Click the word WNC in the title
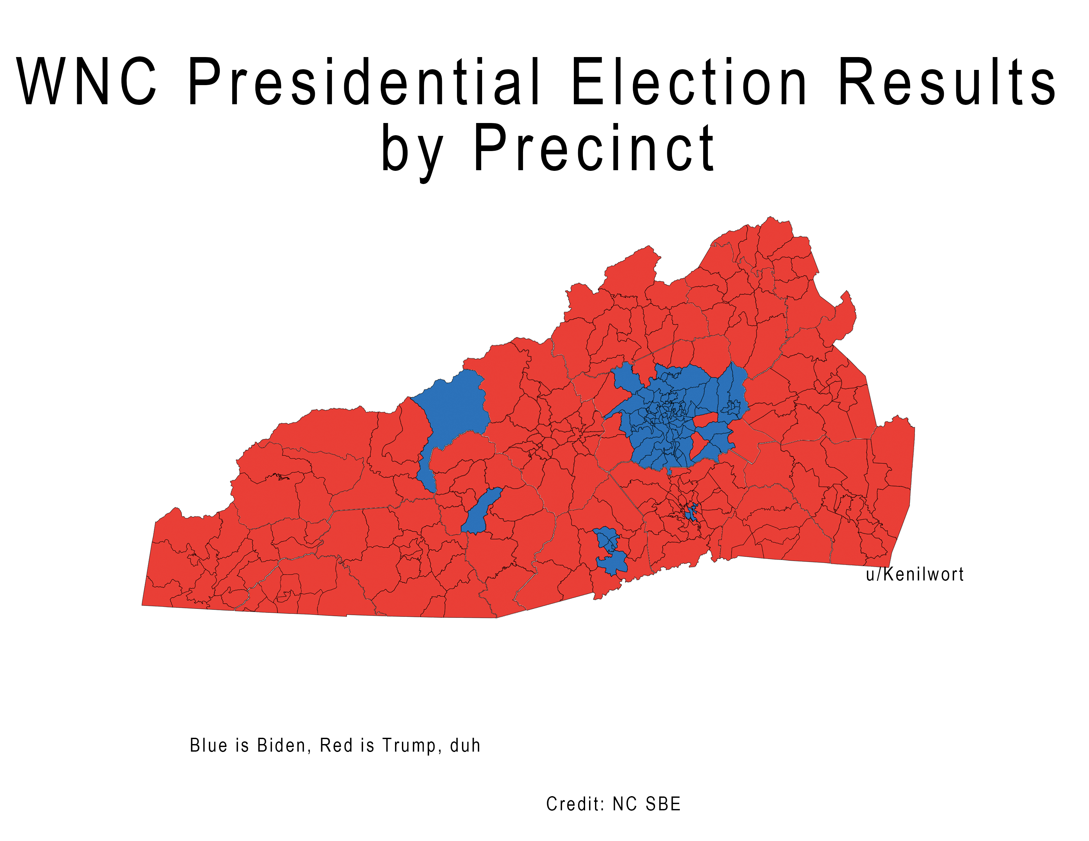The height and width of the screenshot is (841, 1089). (x=86, y=81)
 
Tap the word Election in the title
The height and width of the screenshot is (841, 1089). (x=689, y=81)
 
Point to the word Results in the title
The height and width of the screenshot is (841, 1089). (x=946, y=81)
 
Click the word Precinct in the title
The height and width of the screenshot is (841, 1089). (x=593, y=148)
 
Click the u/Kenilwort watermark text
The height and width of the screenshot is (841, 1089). (x=914, y=575)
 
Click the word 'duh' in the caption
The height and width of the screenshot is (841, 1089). (x=465, y=745)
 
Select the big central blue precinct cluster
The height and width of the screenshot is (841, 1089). (x=668, y=419)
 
